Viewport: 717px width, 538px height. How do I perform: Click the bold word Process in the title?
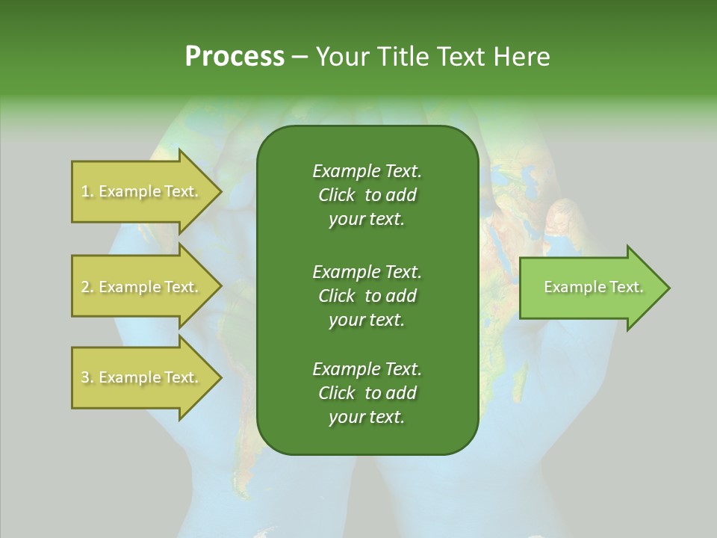235,57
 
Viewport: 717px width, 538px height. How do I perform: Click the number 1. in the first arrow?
87,191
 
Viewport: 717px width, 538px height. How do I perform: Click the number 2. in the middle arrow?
87,287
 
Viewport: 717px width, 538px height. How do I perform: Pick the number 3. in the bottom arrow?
87,377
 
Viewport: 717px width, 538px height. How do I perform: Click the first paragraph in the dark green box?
367,195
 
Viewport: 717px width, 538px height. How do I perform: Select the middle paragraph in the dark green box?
367,295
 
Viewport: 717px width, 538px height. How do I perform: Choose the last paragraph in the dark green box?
367,393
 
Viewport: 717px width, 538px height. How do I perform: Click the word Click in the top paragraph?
336,195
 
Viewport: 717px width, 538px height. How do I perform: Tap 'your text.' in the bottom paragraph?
367,417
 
